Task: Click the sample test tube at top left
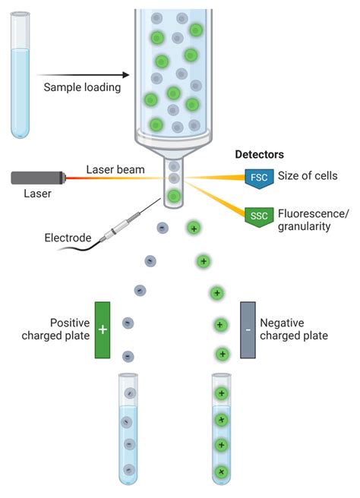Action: pos(21,76)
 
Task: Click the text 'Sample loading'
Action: pos(82,87)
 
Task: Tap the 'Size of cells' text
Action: pos(308,176)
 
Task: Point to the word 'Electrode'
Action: pos(67,238)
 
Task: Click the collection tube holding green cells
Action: pos(221,429)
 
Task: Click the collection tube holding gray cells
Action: pos(129,429)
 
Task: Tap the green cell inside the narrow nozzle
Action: pos(174,197)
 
